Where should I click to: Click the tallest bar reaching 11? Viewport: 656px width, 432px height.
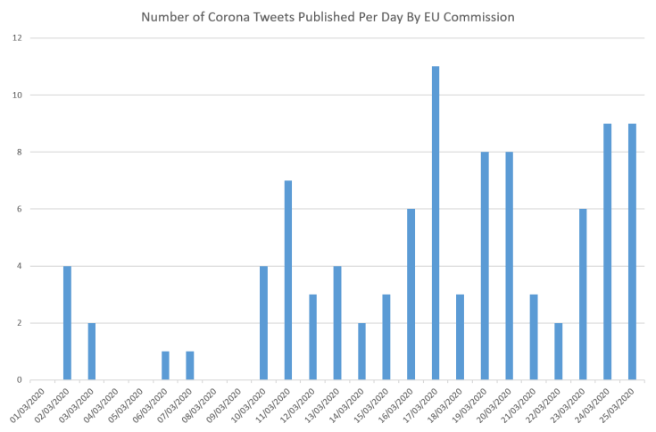pyautogui.click(x=436, y=223)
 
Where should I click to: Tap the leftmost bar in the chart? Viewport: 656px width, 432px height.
pyautogui.click(x=67, y=322)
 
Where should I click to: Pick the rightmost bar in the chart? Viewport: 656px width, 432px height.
pyautogui.click(x=632, y=251)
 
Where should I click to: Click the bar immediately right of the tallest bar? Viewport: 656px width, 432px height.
pyautogui.click(x=460, y=336)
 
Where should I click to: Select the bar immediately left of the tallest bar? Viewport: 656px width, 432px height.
pyautogui.click(x=411, y=294)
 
